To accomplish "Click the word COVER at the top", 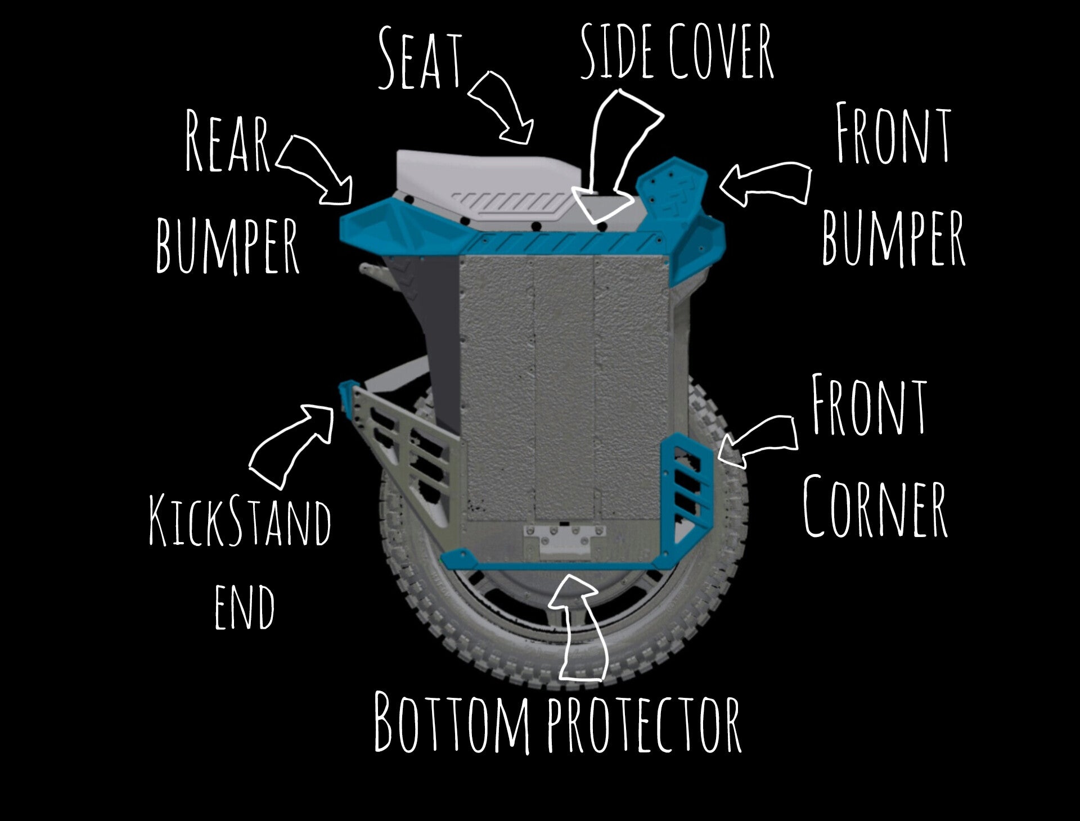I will [722, 52].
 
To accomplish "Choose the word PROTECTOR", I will [644, 725].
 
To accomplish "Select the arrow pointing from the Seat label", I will [502, 107].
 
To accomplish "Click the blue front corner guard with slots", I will [688, 484].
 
